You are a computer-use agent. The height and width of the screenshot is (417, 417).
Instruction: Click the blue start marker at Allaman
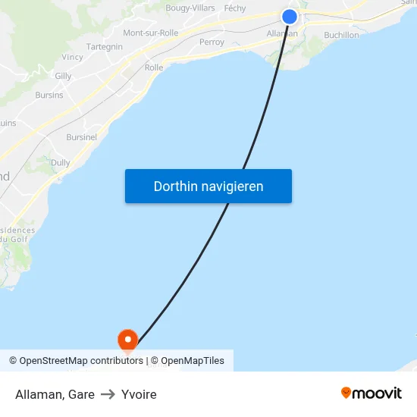click(290, 17)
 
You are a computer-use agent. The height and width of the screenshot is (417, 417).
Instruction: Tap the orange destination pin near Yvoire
click(127, 339)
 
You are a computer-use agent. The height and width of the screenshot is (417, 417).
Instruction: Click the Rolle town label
click(154, 67)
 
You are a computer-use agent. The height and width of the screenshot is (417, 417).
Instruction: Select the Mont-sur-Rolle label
click(150, 33)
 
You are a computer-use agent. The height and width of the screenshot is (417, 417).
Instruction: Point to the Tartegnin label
click(105, 46)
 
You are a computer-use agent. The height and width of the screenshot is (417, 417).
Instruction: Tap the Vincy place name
click(73, 57)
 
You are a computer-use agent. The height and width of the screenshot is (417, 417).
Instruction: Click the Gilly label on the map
click(63, 77)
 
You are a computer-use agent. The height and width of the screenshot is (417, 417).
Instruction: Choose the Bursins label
click(49, 96)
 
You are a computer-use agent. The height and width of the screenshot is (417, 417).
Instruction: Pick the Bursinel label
click(81, 137)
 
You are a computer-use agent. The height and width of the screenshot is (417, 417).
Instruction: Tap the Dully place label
click(60, 163)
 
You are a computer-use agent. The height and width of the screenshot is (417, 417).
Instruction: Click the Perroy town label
click(212, 42)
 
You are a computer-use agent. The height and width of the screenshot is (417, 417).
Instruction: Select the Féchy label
click(235, 8)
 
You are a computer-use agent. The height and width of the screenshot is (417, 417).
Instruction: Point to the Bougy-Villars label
click(190, 8)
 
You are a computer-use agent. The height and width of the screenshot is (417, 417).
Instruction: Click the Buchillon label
click(341, 35)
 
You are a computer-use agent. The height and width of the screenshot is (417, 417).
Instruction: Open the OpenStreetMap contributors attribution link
click(81, 361)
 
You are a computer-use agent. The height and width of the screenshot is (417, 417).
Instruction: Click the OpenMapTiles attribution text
click(192, 361)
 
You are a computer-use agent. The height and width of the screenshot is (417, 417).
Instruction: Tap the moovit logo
click(371, 393)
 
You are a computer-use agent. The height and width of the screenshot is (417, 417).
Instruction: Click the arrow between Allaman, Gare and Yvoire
click(108, 394)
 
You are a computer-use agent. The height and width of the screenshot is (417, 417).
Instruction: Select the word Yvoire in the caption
click(139, 394)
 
